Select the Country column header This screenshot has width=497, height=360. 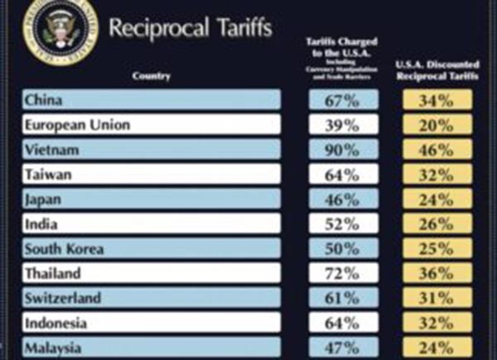[151, 76]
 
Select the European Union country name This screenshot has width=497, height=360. [78, 126]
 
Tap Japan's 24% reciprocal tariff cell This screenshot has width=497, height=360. [437, 199]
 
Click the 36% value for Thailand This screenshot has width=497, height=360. [437, 273]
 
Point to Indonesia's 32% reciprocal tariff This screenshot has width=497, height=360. [437, 323]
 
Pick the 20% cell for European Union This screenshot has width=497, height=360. [437, 126]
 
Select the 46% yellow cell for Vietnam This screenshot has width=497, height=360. [437, 150]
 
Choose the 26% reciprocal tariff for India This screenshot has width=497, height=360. [437, 224]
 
